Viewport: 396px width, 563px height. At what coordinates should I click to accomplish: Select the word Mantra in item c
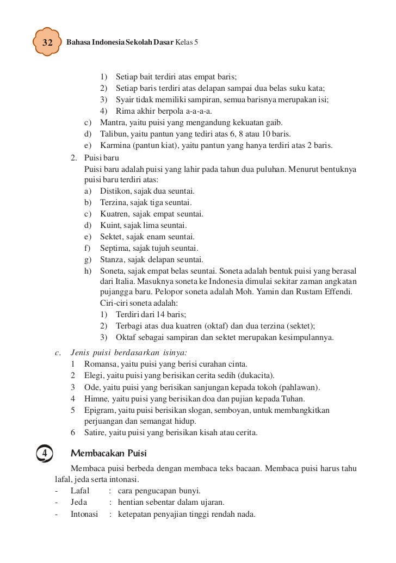112,122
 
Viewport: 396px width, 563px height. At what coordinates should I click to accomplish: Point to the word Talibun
113,134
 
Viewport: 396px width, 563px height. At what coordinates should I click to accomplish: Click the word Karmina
114,146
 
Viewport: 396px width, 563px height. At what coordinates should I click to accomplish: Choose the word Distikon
115,191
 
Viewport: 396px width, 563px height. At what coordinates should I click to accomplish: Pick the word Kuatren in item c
114,214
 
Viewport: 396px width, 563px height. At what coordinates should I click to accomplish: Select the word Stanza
113,259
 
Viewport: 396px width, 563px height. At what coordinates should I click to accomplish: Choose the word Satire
96,433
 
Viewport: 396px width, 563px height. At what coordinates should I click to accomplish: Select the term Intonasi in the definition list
84,513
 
